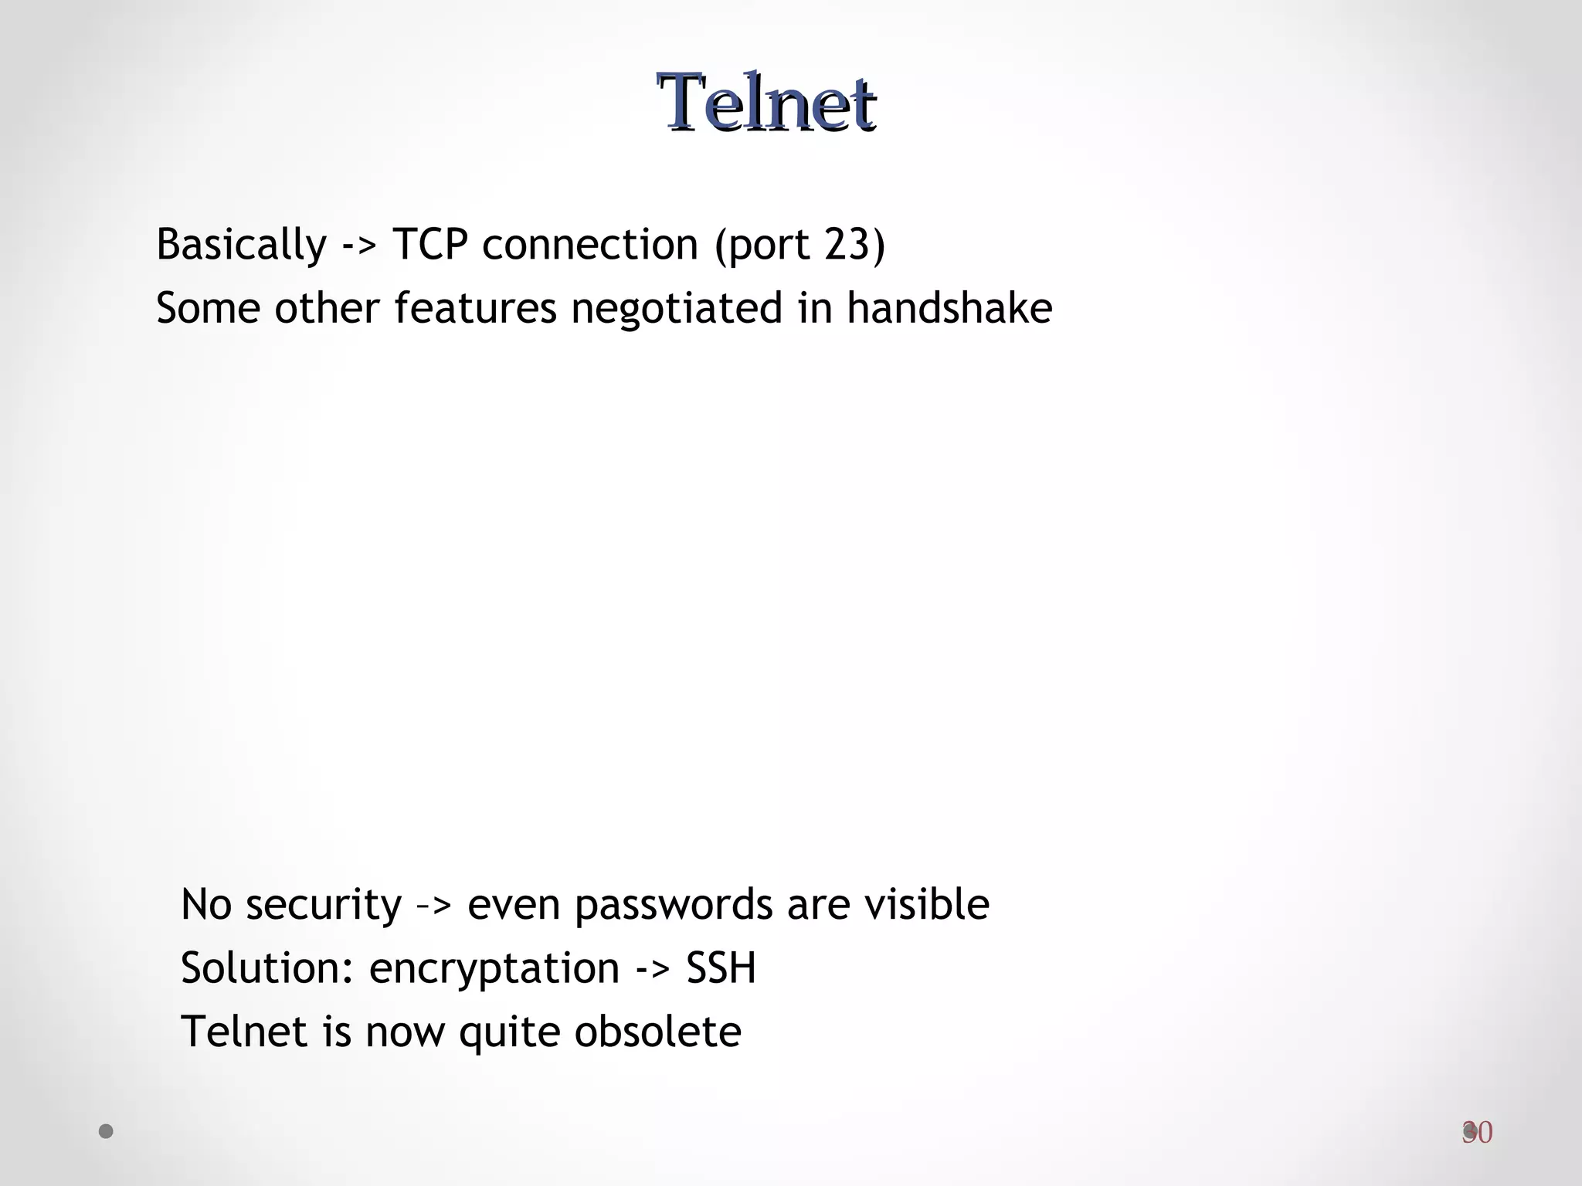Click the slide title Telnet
[766, 103]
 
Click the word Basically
[241, 245]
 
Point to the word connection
[590, 245]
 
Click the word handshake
[949, 308]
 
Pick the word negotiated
[677, 308]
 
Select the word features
[475, 308]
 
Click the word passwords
[674, 905]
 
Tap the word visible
[927, 904]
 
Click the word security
[324, 905]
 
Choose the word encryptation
[494, 969]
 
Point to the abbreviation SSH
[721, 968]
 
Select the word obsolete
[657, 1032]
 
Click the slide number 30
[1477, 1133]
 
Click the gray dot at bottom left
[107, 1131]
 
